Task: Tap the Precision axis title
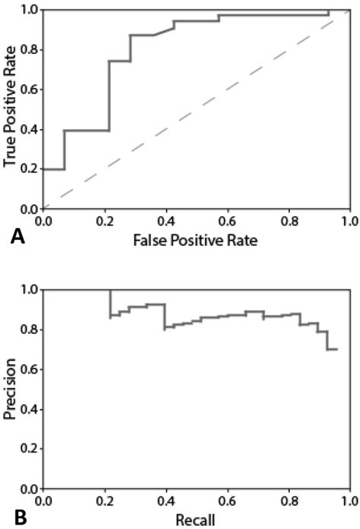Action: tap(11, 389)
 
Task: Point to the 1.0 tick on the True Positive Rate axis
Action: tap(30, 10)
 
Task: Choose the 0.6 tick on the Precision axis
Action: tap(30, 370)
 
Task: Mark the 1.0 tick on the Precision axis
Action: tap(30, 290)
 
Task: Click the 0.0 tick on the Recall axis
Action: tap(43, 502)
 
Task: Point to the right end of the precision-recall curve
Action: tap(336, 349)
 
